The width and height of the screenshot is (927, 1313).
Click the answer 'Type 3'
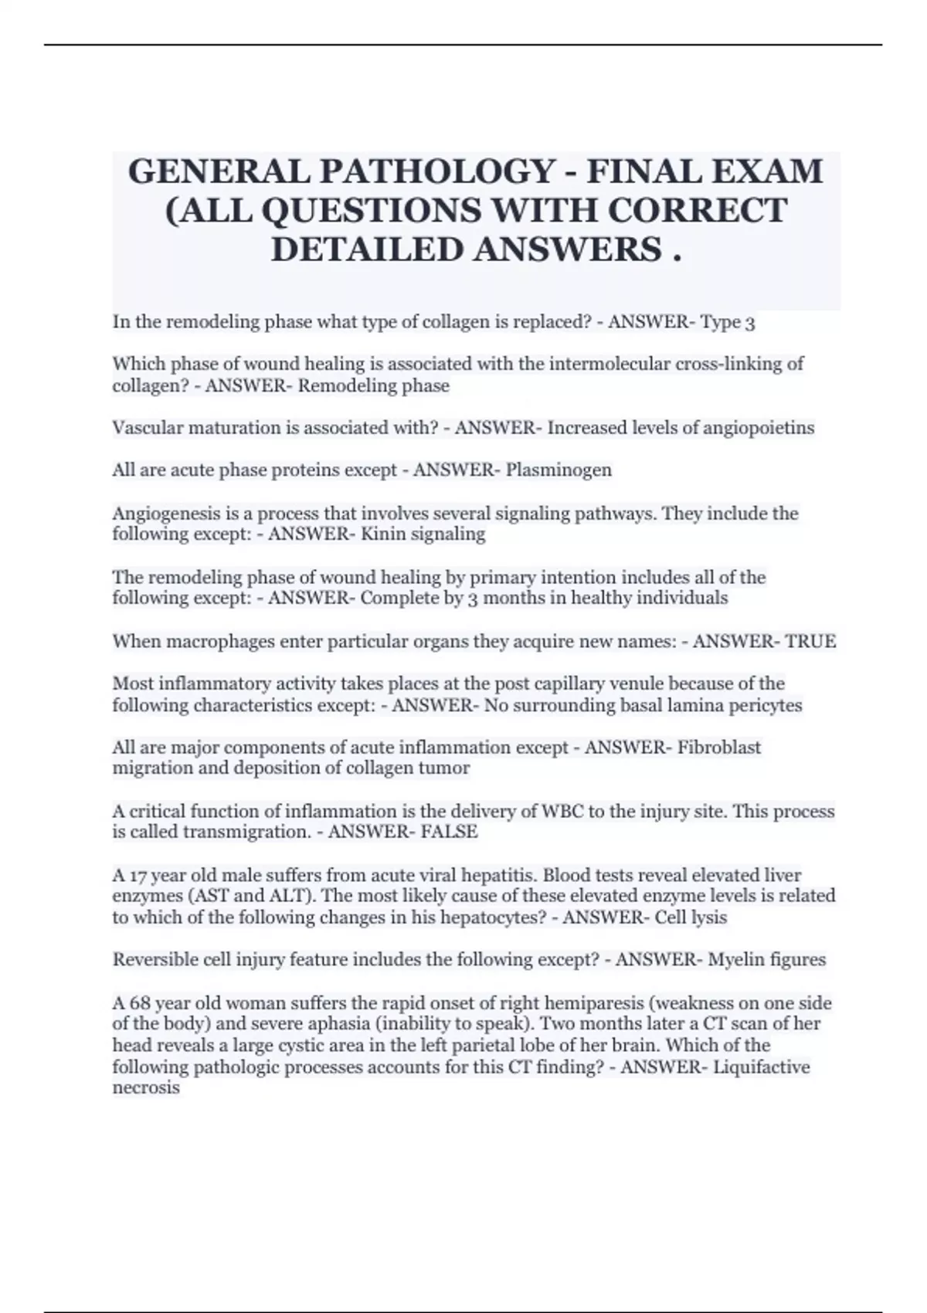coord(727,322)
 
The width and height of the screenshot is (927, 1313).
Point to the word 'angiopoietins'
coord(758,428)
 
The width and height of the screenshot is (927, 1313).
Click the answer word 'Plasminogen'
coord(559,470)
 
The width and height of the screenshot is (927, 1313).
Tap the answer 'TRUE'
coord(810,641)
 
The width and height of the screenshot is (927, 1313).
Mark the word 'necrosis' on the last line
coord(146,1088)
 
